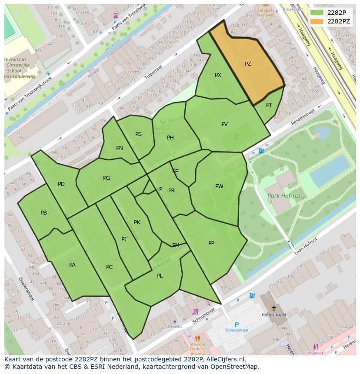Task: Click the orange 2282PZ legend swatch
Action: [x=317, y=21]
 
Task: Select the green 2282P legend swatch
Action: [x=317, y=12]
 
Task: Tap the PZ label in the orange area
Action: [x=248, y=64]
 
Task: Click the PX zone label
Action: [x=218, y=75]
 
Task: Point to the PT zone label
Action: [x=269, y=105]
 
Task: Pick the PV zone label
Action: [x=224, y=124]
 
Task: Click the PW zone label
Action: [x=219, y=186]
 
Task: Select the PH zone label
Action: [x=170, y=138]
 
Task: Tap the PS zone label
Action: [x=138, y=134]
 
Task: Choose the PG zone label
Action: [x=107, y=178]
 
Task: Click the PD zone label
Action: [x=61, y=184]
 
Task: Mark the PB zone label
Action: [x=43, y=213]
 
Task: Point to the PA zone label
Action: [x=72, y=265]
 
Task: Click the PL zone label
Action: [x=160, y=276]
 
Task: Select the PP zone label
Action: [x=211, y=243]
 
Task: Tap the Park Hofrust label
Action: [x=284, y=196]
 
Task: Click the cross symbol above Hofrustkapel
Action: [x=273, y=308]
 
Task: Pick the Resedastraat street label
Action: [x=303, y=116]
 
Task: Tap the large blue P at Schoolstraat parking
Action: [x=237, y=324]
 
